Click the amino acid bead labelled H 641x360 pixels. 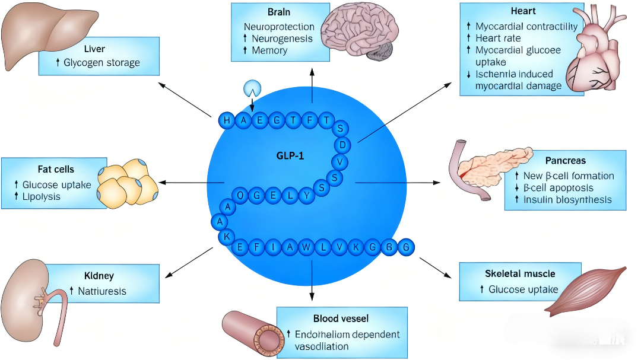(x=227, y=121)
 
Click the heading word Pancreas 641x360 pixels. (x=566, y=161)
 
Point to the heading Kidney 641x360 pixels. (x=99, y=276)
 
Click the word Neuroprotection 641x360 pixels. (x=279, y=27)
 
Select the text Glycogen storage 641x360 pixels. (x=101, y=62)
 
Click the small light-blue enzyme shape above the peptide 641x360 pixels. (x=252, y=89)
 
